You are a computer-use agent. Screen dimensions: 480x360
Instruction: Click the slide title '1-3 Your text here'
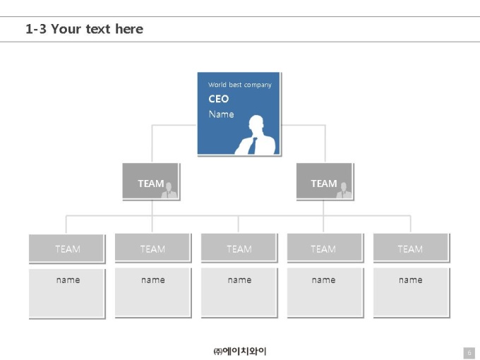click(84, 29)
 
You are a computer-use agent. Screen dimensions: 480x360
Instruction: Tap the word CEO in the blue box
click(219, 99)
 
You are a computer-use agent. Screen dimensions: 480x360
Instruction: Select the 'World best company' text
click(240, 85)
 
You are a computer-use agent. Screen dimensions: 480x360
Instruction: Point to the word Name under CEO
click(222, 114)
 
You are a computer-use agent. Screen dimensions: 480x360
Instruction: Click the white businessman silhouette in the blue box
click(256, 136)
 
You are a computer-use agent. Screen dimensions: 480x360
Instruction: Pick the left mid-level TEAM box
click(151, 181)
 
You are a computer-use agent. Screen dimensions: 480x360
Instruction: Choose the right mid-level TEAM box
click(325, 181)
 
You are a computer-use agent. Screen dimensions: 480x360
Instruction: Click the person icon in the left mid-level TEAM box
click(169, 191)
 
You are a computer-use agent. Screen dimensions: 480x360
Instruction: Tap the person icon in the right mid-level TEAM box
click(344, 191)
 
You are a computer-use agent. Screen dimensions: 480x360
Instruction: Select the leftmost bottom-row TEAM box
click(67, 248)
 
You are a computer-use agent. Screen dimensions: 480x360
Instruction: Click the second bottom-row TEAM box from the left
click(153, 248)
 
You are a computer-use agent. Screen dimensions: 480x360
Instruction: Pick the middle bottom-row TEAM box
click(239, 248)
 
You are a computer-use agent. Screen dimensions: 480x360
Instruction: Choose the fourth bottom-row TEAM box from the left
click(325, 248)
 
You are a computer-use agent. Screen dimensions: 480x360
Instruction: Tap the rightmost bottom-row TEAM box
click(412, 248)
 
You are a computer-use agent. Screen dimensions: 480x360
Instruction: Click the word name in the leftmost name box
click(68, 280)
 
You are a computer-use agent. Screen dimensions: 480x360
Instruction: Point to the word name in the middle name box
click(239, 280)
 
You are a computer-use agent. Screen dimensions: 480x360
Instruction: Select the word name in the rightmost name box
click(411, 280)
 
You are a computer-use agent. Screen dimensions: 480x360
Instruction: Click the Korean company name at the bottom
click(240, 351)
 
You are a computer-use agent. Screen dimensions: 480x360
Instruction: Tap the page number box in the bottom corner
click(469, 353)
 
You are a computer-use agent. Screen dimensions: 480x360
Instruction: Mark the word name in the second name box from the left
click(152, 280)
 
